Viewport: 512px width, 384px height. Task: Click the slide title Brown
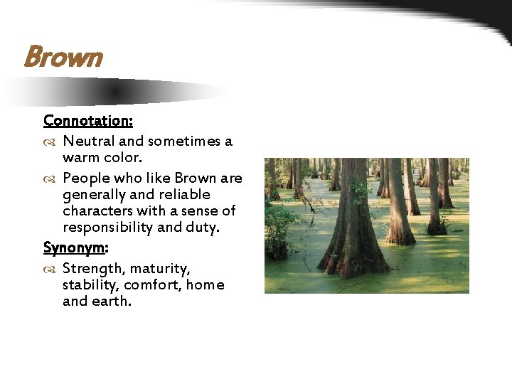click(63, 58)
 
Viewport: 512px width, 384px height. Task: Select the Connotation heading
click(88, 121)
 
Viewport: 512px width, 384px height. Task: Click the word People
click(86, 178)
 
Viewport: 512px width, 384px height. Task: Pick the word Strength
click(91, 269)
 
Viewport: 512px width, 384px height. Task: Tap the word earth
click(111, 301)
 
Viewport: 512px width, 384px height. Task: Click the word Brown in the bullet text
click(196, 178)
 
